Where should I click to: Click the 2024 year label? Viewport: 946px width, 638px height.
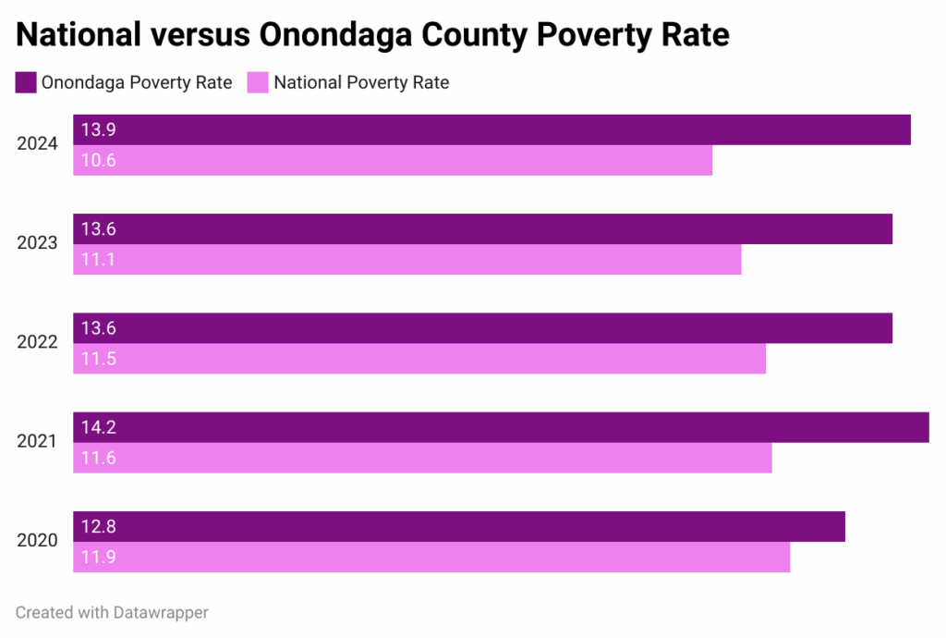38,144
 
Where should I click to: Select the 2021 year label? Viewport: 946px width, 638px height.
38,442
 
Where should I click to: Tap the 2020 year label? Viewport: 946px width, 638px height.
38,541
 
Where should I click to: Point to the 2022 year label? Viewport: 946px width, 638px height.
38,342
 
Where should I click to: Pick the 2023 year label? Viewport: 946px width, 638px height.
38,243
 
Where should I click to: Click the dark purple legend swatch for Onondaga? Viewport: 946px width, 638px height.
25,82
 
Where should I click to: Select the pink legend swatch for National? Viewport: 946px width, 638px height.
258,82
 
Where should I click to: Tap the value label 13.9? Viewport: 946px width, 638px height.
98,130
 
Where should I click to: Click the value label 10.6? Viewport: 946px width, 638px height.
98,161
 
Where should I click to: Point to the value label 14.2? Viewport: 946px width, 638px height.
98,428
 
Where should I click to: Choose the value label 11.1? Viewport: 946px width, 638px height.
98,260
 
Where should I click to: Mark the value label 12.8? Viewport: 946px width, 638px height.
98,527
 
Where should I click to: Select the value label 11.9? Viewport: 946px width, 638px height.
98,558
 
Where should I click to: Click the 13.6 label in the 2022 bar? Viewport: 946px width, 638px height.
98,328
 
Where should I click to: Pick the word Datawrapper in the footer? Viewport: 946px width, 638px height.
162,612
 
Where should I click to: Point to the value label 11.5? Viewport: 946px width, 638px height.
98,359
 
